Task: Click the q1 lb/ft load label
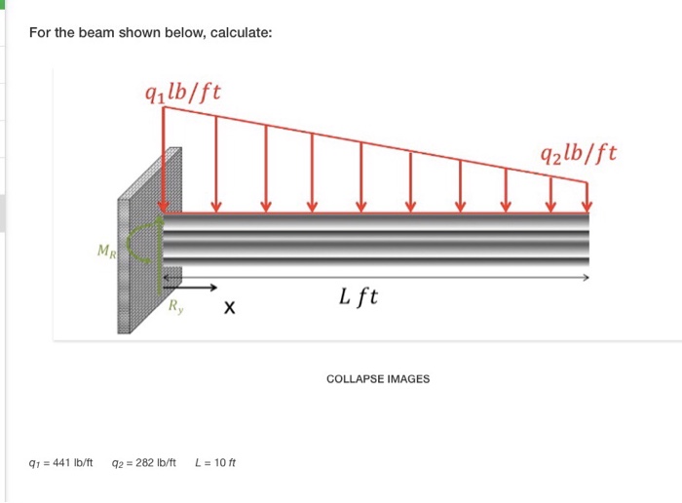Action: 183,93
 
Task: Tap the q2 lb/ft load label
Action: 579,154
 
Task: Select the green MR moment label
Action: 107,251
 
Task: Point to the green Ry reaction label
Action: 175,306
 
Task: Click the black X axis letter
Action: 229,308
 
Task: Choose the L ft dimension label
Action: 359,297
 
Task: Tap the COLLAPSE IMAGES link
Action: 378,379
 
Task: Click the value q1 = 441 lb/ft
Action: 60,462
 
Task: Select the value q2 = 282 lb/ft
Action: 144,462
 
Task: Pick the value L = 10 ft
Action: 215,462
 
